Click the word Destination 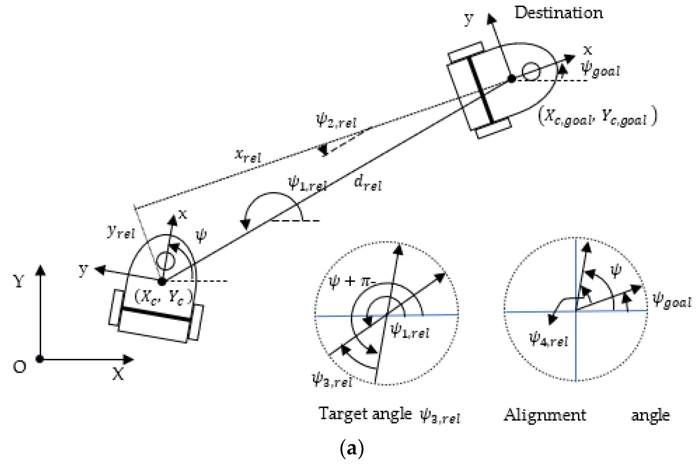[x=559, y=13]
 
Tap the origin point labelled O [x=39, y=359]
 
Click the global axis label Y [x=19, y=281]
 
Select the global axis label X [x=118, y=375]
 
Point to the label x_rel [x=248, y=156]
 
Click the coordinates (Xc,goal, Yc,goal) [x=597, y=117]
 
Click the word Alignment [x=545, y=415]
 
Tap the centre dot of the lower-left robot [x=161, y=282]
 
